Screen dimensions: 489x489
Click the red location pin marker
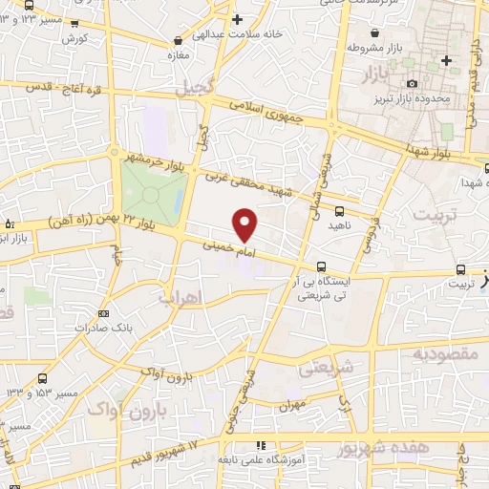point(245,223)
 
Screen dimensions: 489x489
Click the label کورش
point(74,38)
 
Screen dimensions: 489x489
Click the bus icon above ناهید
point(340,210)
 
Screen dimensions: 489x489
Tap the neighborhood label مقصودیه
point(444,355)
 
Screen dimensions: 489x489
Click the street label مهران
point(292,405)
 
